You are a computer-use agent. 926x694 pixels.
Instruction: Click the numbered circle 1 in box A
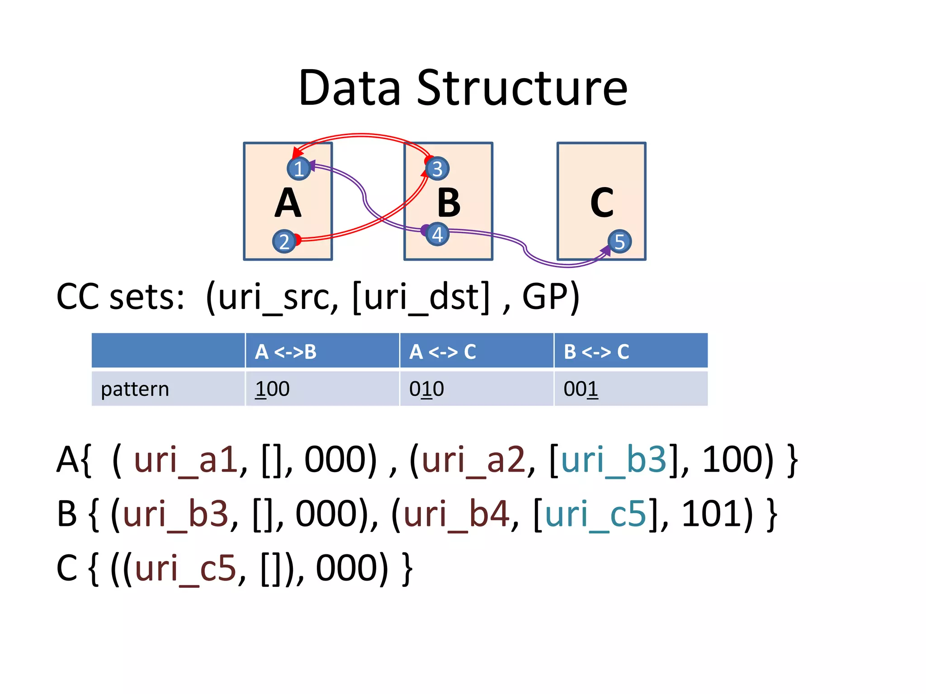pyautogui.click(x=298, y=169)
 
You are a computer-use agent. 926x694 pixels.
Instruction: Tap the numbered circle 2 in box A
pyautogui.click(x=284, y=242)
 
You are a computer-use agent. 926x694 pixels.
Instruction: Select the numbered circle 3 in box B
pyautogui.click(x=437, y=169)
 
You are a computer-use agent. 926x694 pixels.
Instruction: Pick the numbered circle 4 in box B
pyautogui.click(x=437, y=234)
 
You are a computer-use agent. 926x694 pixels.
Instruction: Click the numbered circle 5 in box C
pyautogui.click(x=619, y=242)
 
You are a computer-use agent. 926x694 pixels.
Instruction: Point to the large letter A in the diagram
pyautogui.click(x=288, y=203)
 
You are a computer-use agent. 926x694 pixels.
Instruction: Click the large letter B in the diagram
pyautogui.click(x=449, y=203)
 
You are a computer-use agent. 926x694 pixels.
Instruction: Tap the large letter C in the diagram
pyautogui.click(x=602, y=203)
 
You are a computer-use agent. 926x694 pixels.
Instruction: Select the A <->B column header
pyautogui.click(x=286, y=352)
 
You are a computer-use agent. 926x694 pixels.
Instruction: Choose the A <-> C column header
pyautogui.click(x=442, y=352)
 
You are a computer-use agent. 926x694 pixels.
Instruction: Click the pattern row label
pyautogui.click(x=135, y=389)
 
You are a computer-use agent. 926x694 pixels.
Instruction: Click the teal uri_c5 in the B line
pyautogui.click(x=595, y=514)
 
